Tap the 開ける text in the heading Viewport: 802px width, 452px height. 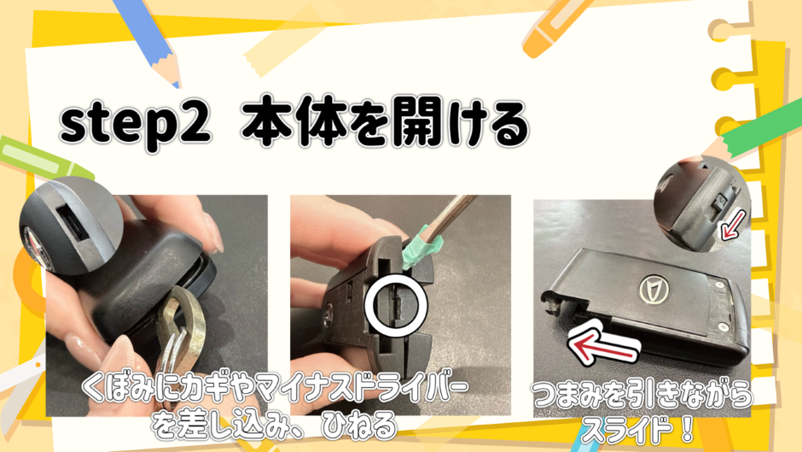pos(443,124)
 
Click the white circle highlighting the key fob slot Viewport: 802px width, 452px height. pos(396,305)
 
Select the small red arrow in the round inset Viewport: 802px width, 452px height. pos(732,225)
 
